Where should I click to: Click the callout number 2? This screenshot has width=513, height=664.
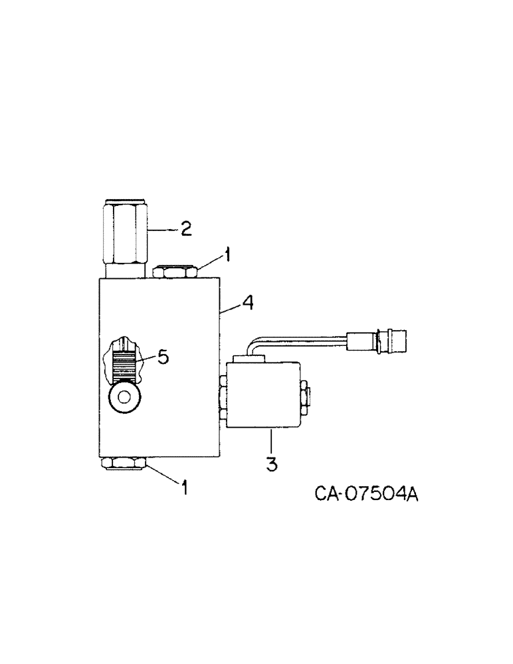point(185,229)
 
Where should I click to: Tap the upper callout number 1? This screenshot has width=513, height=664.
point(227,254)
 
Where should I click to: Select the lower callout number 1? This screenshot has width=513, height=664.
point(185,488)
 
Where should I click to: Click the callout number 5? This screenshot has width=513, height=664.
point(162,357)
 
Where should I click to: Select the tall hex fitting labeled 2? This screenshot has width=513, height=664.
point(125,232)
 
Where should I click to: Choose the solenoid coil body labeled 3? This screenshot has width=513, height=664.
point(263,395)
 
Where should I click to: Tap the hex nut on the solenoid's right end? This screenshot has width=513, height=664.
point(303,396)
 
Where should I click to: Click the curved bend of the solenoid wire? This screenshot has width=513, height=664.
point(253,345)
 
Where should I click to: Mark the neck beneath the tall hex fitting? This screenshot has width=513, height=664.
point(124,270)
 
